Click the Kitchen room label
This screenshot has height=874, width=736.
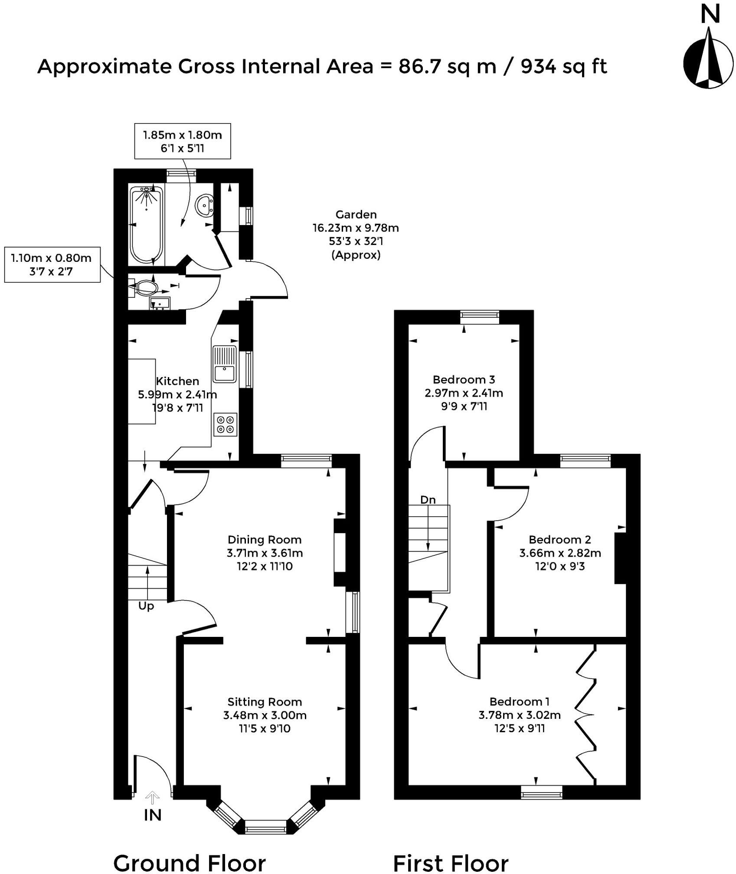[177, 382]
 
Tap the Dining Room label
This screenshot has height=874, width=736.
[264, 540]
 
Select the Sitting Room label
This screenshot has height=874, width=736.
[264, 702]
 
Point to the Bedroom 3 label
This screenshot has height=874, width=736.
[464, 380]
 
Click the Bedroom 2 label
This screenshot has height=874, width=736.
[559, 540]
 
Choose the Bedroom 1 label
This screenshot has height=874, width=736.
[520, 701]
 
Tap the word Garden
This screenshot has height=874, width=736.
[356, 215]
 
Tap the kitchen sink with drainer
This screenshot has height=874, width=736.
[224, 364]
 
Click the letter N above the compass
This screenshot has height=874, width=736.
[710, 15]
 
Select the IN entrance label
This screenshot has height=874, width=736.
[152, 815]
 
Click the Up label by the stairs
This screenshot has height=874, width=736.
[146, 606]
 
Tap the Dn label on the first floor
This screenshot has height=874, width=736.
[428, 500]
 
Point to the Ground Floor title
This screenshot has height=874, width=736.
[190, 863]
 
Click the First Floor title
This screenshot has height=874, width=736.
[451, 863]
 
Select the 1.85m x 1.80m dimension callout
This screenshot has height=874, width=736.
[182, 141]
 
